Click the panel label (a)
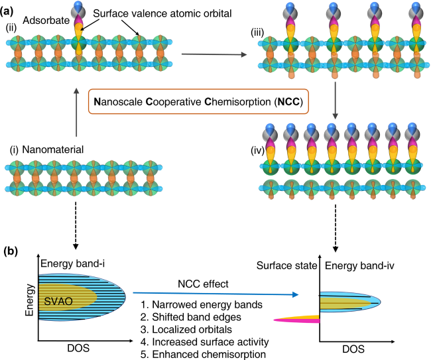tap(7, 11)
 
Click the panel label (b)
tap(11, 251)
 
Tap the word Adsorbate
tap(46, 21)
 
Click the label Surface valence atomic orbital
tap(162, 13)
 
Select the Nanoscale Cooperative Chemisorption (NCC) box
tap(198, 101)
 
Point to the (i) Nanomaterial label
tap(46, 150)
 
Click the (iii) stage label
tap(257, 32)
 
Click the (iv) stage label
tap(257, 150)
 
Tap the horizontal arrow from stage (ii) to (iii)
tap(214, 54)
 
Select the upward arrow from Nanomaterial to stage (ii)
tap(76, 112)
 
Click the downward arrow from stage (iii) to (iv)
tap(335, 100)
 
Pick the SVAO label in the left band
tap(58, 302)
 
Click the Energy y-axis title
tap(29, 300)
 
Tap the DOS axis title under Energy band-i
tap(78, 348)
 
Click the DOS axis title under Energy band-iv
tap(353, 349)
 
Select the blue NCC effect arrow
tap(215, 294)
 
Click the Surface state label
tap(287, 266)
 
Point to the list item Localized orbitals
tap(186, 330)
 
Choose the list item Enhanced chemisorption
tap(203, 354)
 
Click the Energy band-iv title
tap(359, 266)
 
